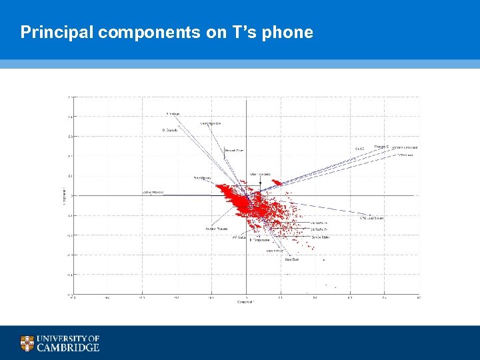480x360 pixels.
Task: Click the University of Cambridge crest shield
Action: [x=27, y=343]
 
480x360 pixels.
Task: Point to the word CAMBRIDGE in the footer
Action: [x=68, y=347]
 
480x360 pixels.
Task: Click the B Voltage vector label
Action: [x=173, y=113]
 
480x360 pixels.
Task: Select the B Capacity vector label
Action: [x=169, y=130]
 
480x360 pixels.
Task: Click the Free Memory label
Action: [x=202, y=178]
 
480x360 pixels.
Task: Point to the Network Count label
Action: [x=234, y=151]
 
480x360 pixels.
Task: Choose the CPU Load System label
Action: [x=371, y=217]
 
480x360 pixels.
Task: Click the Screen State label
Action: [x=320, y=237]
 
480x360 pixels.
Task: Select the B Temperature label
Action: [x=259, y=240]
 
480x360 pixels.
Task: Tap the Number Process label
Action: [x=217, y=229]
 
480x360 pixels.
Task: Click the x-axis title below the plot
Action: [x=246, y=302]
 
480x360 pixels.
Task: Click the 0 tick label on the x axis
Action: [x=246, y=297]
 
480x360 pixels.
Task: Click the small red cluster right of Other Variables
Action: [x=275, y=182]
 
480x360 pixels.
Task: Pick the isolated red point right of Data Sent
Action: [x=323, y=260]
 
